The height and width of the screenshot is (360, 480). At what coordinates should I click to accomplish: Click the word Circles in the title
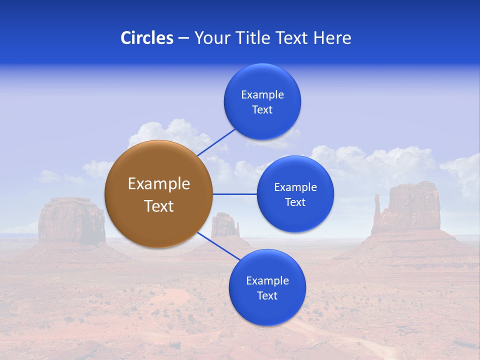pos(146,38)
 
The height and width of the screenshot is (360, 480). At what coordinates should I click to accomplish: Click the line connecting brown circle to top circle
pos(216,141)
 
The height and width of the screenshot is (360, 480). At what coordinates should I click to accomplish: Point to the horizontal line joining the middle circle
pos(234,194)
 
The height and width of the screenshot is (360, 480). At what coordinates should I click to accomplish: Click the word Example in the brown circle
pos(158,184)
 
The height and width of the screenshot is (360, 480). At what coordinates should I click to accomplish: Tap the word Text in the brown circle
pos(158,206)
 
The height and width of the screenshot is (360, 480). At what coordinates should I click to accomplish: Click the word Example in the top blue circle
pos(262,94)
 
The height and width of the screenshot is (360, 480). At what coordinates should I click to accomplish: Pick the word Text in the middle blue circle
pos(295,202)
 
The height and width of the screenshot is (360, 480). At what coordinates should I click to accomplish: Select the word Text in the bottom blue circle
pos(267,295)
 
